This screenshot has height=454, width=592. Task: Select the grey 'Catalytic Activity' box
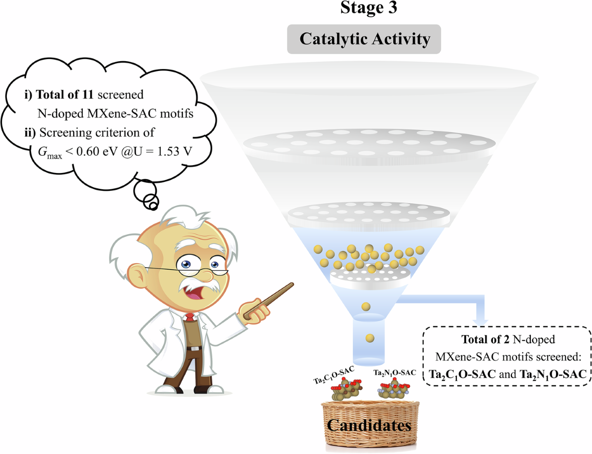point(365,38)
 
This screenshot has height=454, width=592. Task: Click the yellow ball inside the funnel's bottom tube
point(370,338)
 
